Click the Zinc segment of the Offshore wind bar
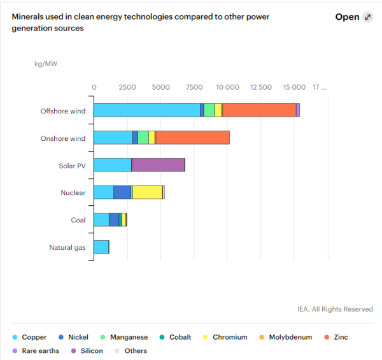(258, 110)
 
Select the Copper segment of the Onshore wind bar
(113, 137)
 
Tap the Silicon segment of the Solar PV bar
(158, 165)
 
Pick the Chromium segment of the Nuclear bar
(147, 192)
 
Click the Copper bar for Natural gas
(101, 247)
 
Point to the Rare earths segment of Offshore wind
(298, 110)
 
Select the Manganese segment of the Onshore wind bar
(143, 137)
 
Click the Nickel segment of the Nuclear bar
(122, 192)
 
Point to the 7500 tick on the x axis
(194, 87)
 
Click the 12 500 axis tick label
(261, 87)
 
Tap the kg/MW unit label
(46, 64)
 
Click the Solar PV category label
(72, 165)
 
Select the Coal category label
(78, 220)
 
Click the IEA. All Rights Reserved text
(335, 309)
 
